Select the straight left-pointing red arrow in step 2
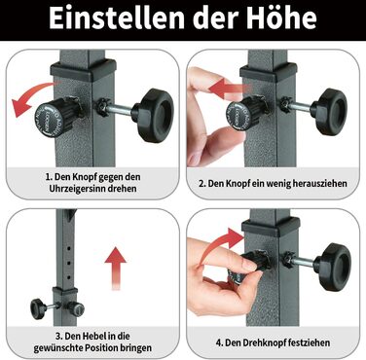(x=230, y=88)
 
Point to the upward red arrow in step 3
(x=116, y=268)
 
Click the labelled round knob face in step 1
(x=48, y=120)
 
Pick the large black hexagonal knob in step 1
(x=154, y=115)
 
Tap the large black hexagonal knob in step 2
(x=329, y=111)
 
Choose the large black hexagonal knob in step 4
(x=333, y=267)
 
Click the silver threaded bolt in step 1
(x=120, y=109)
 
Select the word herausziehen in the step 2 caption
(x=319, y=184)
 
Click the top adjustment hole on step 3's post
(x=69, y=248)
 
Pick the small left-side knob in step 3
(x=39, y=308)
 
